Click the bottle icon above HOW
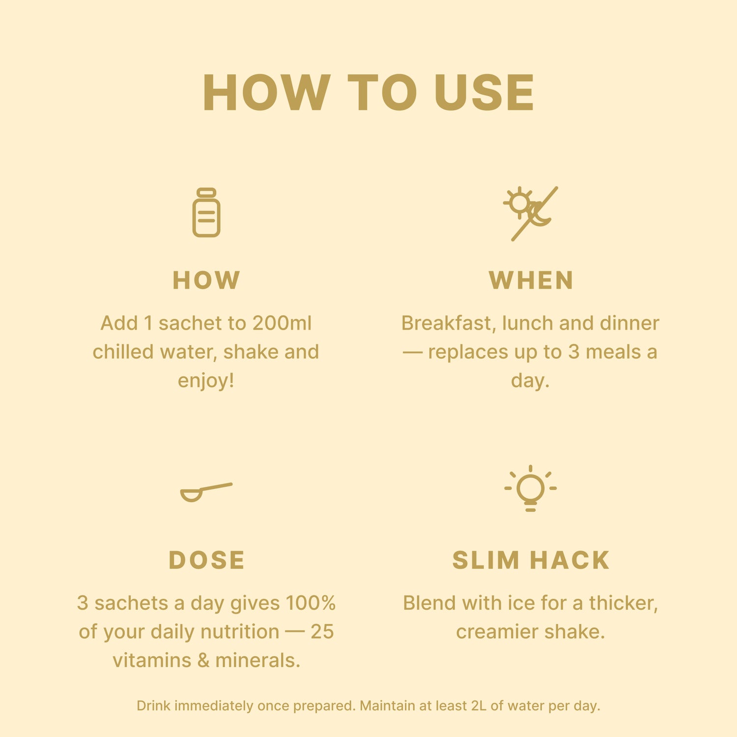(206, 212)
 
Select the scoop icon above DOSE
(206, 492)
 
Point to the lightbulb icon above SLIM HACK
(531, 488)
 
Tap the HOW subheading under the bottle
(206, 280)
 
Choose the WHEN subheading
(531, 280)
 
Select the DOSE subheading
(206, 560)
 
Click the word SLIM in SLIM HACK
(485, 560)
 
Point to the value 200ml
(282, 323)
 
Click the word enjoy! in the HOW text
(206, 381)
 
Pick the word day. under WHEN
(530, 381)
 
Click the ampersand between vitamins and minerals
(203, 660)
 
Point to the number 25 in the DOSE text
(322, 632)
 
